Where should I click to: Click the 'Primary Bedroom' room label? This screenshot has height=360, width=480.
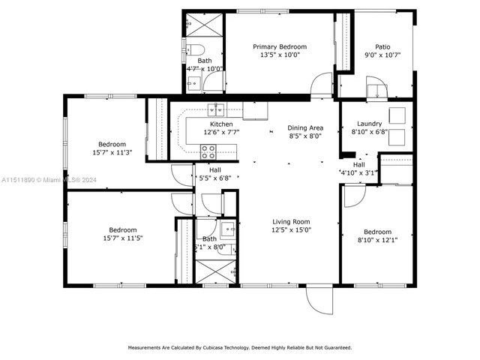(279, 46)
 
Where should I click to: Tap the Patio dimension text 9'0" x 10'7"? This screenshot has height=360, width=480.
(382, 55)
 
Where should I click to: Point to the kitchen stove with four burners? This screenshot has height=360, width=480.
(208, 149)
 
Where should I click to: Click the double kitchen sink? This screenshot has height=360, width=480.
(217, 107)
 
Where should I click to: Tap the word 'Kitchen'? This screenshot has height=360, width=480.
(221, 124)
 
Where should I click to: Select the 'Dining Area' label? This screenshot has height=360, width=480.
(305, 127)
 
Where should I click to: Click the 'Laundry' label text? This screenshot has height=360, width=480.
(369, 124)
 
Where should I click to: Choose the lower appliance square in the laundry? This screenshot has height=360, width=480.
(397, 137)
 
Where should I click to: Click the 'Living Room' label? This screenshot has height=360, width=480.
(291, 221)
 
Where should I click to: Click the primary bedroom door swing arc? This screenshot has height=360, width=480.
(322, 85)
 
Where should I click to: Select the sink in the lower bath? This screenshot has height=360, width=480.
(227, 229)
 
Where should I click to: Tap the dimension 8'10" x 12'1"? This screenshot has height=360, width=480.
(377, 241)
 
